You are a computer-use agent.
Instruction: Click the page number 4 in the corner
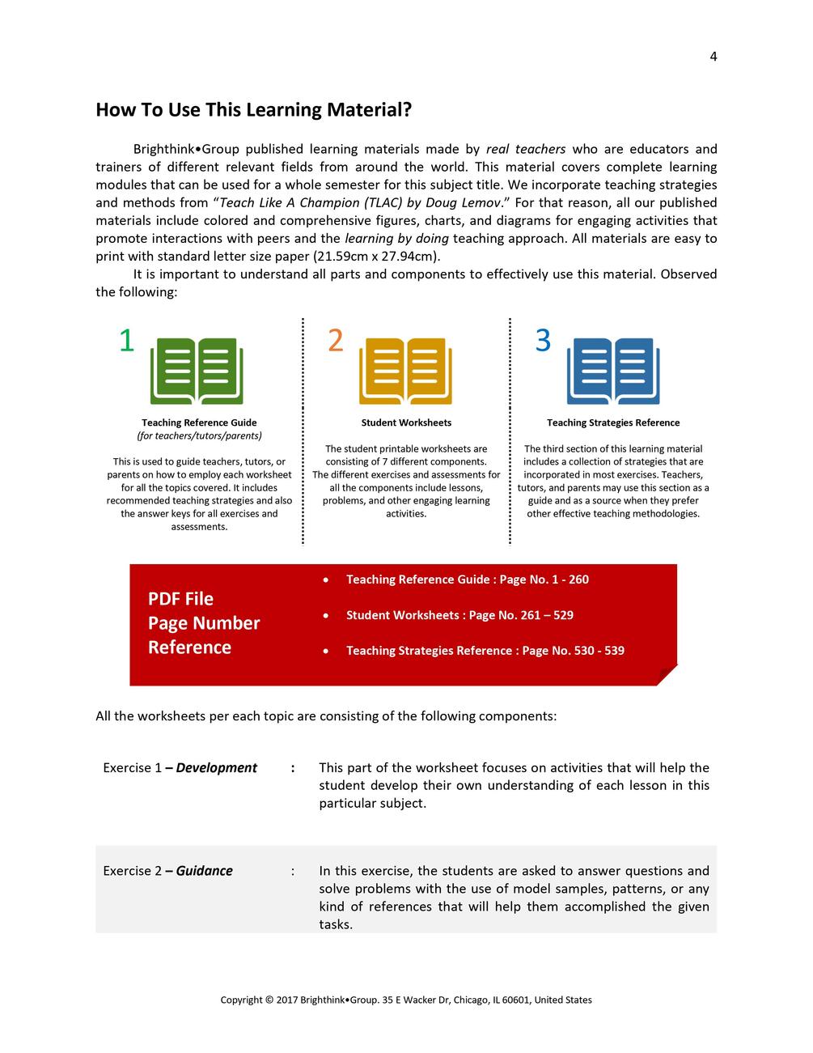point(713,56)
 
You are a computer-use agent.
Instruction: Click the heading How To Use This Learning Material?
point(253,110)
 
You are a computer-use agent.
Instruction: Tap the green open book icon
point(197,372)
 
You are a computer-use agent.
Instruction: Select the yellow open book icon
point(405,372)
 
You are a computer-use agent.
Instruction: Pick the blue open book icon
point(613,372)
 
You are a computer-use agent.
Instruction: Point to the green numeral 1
point(126,341)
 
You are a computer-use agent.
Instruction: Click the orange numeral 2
point(335,341)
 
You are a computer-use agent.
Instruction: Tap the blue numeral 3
point(543,341)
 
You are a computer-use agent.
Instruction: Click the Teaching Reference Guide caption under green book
point(199,422)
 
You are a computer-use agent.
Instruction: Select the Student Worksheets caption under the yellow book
point(406,422)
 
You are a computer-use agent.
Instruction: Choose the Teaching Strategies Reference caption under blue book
point(613,422)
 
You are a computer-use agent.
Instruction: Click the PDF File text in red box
point(180,599)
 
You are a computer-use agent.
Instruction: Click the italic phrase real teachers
point(525,149)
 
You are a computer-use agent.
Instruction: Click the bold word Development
point(216,768)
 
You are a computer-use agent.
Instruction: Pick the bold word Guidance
point(204,871)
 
